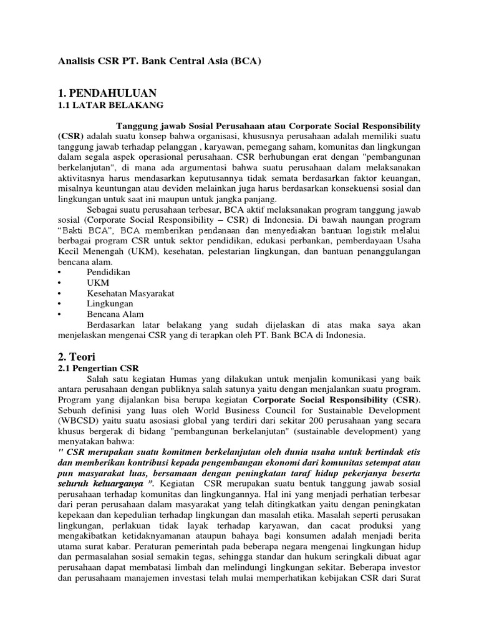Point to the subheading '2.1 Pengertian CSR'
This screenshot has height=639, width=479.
coord(98,369)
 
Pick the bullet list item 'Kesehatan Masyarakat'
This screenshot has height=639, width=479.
coord(130,293)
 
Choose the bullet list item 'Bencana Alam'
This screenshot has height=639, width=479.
coord(115,314)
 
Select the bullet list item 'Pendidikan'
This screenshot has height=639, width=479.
coord(111,272)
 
